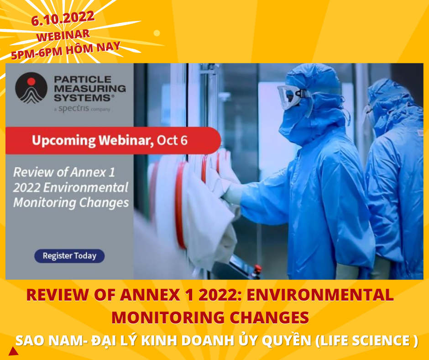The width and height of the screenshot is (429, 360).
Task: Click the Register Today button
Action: pyautogui.click(x=69, y=256)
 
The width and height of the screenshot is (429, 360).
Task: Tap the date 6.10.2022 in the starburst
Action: pyautogui.click(x=63, y=18)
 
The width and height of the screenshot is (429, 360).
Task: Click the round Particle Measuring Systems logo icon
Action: pyautogui.click(x=31, y=88)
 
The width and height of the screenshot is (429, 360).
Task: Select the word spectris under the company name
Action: pyautogui.click(x=74, y=108)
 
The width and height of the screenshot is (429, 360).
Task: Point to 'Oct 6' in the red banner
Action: pyautogui.click(x=172, y=141)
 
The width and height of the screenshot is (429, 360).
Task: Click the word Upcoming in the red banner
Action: pyautogui.click(x=64, y=141)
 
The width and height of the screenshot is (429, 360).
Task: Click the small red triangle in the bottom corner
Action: pyautogui.click(x=13, y=351)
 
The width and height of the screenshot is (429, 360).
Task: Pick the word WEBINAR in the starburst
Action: pyautogui.click(x=63, y=36)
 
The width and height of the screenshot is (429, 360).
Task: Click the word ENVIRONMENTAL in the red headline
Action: pyautogui.click(x=320, y=295)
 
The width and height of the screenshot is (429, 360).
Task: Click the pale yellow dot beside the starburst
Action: pyautogui.click(x=157, y=33)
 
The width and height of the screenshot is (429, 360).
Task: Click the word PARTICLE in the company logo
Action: pyautogui.click(x=83, y=79)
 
